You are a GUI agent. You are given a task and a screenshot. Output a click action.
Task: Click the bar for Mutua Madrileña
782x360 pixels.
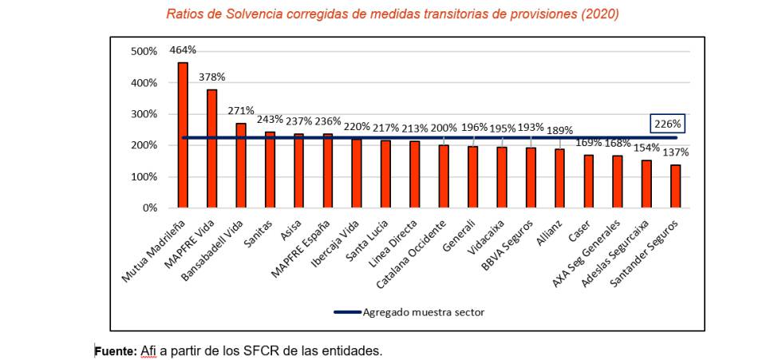(183, 135)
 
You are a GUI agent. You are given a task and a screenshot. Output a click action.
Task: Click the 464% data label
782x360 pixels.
(183, 49)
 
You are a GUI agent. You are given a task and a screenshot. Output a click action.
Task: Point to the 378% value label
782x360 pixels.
(211, 77)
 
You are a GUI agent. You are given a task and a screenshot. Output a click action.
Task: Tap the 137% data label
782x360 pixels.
(675, 152)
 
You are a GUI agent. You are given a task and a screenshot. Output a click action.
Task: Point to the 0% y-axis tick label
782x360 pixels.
(149, 208)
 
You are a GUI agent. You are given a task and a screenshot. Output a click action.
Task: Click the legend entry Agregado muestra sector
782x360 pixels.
(423, 312)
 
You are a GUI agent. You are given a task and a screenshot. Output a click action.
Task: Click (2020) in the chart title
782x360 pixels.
(600, 14)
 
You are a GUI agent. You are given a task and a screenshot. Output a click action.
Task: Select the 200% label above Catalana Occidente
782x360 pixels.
(444, 128)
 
